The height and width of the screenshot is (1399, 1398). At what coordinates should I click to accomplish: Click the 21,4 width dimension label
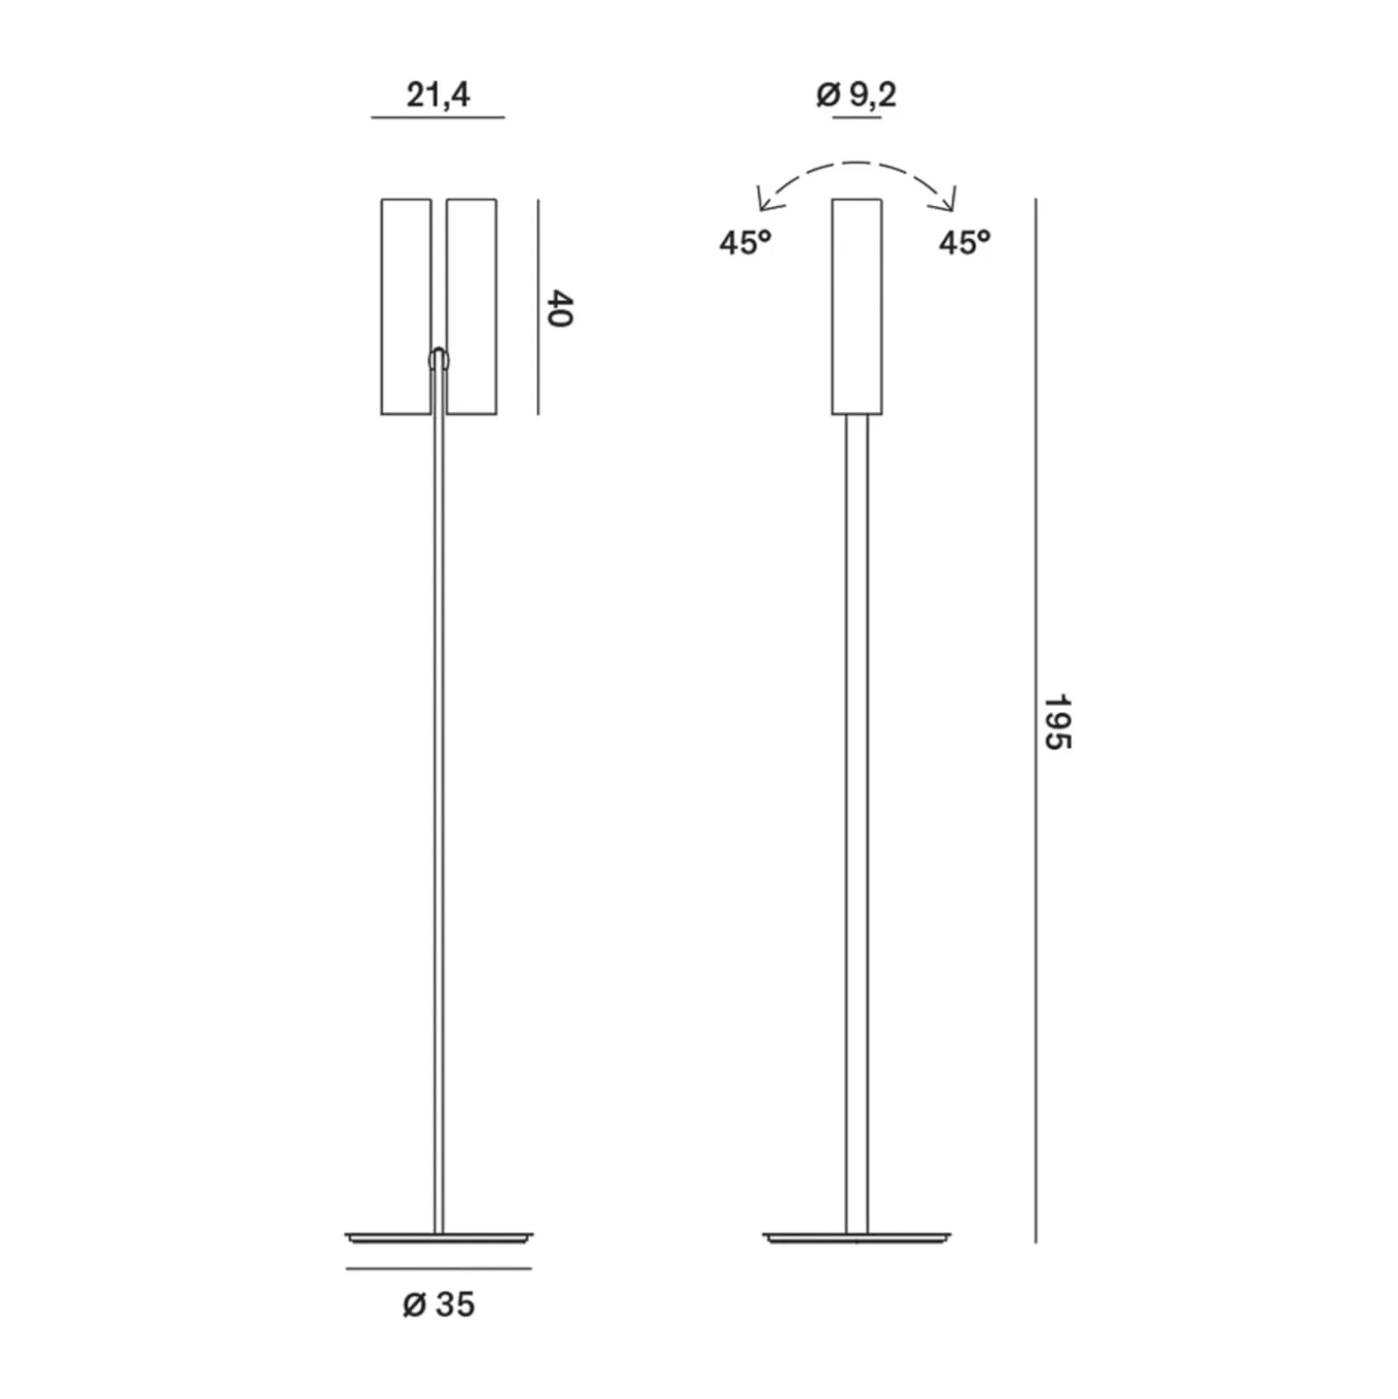pyautogui.click(x=438, y=95)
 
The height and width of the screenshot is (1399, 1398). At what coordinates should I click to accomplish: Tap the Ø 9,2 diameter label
pyautogui.click(x=857, y=94)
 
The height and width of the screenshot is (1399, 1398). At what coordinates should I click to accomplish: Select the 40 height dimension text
pyautogui.click(x=559, y=308)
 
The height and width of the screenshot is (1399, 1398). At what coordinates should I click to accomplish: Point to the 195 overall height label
pyautogui.click(x=1057, y=721)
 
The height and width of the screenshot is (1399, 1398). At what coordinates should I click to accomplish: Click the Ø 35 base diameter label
pyautogui.click(x=438, y=1305)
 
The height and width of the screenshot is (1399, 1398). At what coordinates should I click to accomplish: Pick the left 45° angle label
pyautogui.click(x=745, y=242)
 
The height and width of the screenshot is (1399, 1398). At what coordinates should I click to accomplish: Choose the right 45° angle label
pyautogui.click(x=965, y=242)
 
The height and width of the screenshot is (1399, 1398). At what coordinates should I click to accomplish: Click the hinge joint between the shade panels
pyautogui.click(x=439, y=358)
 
